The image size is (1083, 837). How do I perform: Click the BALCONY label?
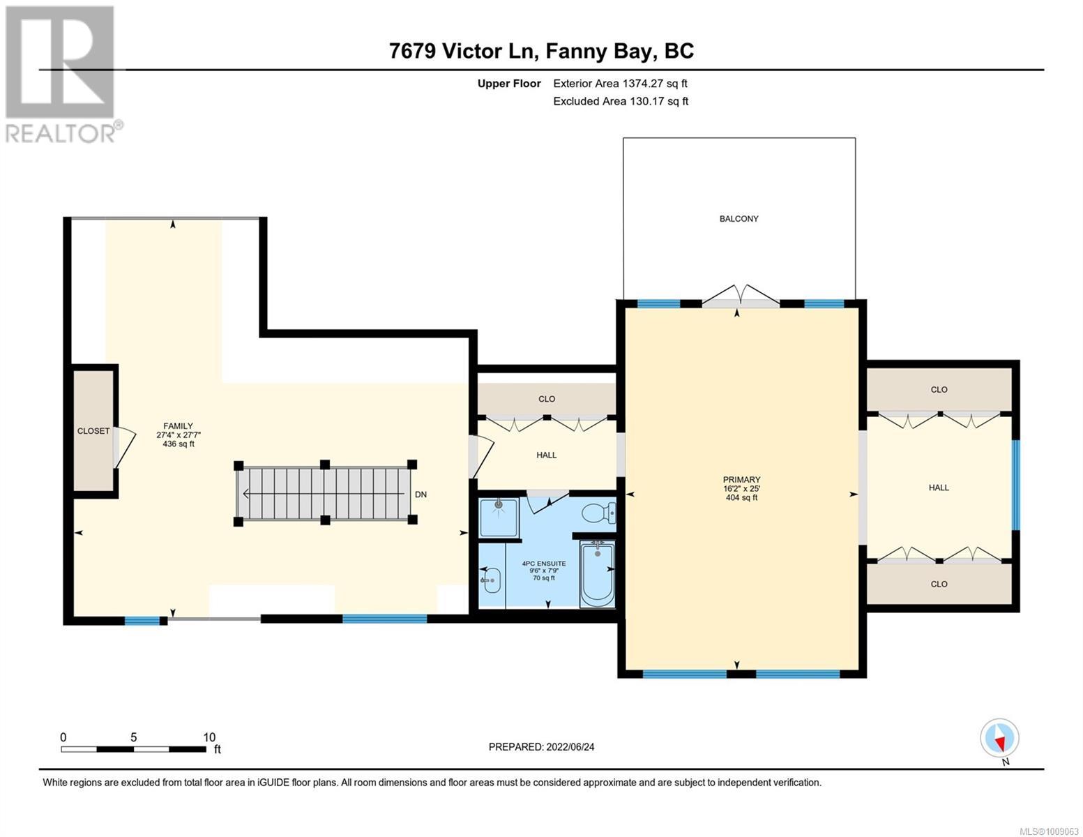[739, 218]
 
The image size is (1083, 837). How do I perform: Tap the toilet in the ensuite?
[598, 512]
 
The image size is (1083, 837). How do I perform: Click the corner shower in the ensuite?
[499, 518]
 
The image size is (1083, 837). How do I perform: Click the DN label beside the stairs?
[421, 495]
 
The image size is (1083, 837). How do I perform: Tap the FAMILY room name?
[178, 425]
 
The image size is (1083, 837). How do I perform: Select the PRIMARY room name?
[741, 480]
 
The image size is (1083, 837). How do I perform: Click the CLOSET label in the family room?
[93, 431]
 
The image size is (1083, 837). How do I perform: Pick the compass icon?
[999, 738]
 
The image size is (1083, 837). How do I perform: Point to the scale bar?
[134, 748]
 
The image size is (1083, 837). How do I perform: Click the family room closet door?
[124, 447]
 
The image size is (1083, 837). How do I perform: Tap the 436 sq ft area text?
[178, 444]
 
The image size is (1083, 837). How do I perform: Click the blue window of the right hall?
[1016, 484]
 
